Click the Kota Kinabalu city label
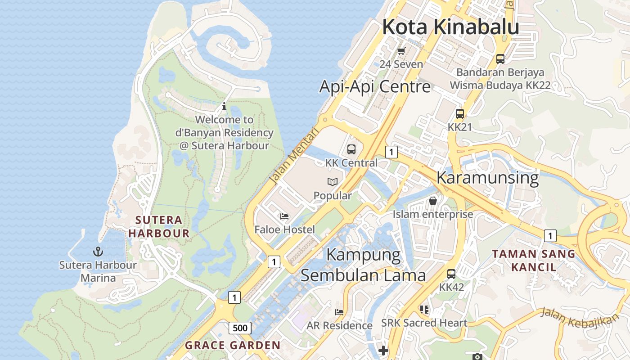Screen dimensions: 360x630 click(x=450, y=27)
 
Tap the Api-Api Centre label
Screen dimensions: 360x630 click(x=375, y=86)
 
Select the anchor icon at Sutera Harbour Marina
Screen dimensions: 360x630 click(x=98, y=252)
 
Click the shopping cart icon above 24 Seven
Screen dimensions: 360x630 click(x=401, y=51)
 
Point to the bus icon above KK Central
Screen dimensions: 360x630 click(x=351, y=149)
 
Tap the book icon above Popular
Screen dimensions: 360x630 click(x=333, y=182)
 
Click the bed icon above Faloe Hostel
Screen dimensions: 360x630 click(x=284, y=216)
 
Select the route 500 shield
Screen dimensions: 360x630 click(x=240, y=328)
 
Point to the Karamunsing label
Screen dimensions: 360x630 click(x=487, y=178)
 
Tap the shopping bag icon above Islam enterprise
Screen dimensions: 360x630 click(x=433, y=201)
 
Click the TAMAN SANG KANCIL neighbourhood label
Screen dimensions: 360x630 click(x=534, y=260)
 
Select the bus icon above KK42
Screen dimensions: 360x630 click(x=451, y=274)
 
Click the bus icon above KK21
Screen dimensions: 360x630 click(x=460, y=114)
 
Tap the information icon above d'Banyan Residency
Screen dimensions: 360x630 click(x=224, y=107)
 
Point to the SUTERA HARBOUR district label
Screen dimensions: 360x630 click(x=158, y=226)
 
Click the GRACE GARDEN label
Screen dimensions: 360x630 click(x=233, y=346)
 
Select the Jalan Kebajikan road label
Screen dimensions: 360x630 click(x=580, y=317)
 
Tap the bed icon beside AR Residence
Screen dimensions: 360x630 click(x=339, y=312)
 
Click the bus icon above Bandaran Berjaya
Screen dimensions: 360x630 click(x=500, y=58)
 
